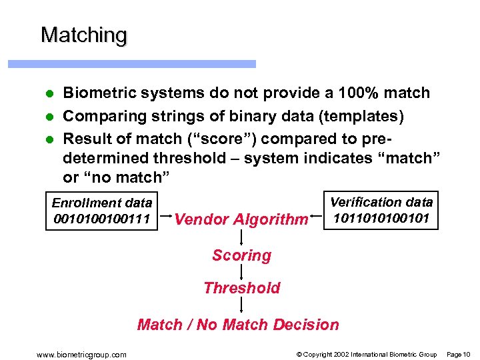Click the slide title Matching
pos(83,35)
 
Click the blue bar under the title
pos(131,64)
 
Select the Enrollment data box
pos(102,211)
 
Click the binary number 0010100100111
pos(102,219)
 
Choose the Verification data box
pos(381,209)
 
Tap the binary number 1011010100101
pos(381,217)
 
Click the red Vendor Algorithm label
pos(241,219)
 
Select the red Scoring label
pos(241,255)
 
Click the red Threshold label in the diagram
pos(241,288)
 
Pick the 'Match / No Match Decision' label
pos(238,325)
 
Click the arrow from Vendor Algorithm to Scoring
pos(241,237)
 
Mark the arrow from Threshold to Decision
pos(241,306)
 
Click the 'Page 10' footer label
pos(457,354)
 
